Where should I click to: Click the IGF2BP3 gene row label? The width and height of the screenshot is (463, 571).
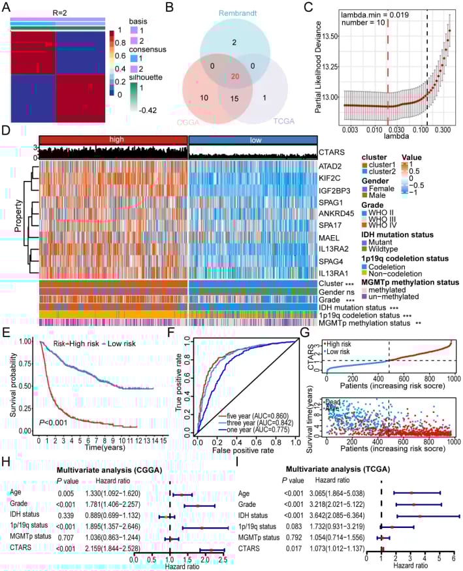[336, 190]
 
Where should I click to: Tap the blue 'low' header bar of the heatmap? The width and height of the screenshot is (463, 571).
[252, 140]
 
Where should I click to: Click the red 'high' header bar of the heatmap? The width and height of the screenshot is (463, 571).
[113, 140]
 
